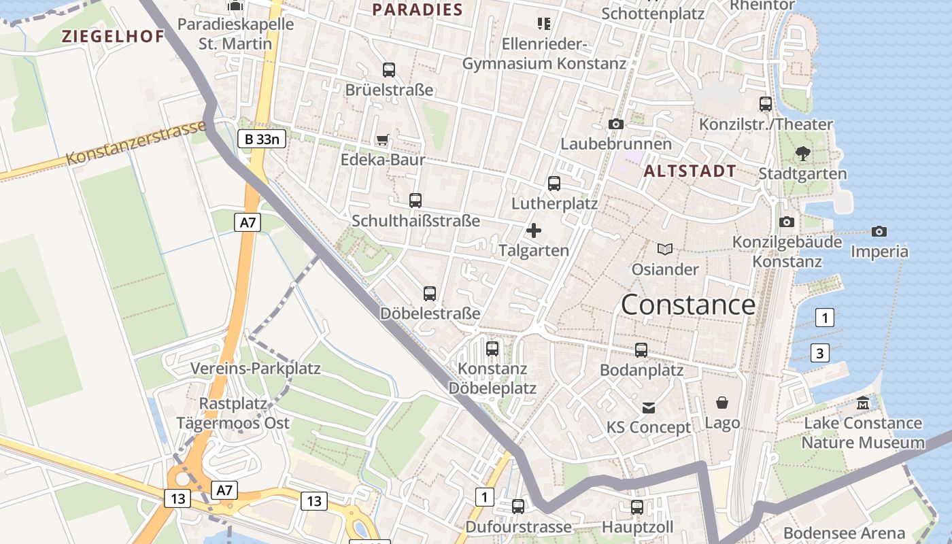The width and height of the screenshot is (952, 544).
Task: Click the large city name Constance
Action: pyautogui.click(x=687, y=305)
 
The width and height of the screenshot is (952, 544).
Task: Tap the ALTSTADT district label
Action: pyautogui.click(x=690, y=171)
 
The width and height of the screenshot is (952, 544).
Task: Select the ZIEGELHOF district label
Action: pyautogui.click(x=114, y=37)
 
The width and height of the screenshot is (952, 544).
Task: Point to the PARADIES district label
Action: pyautogui.click(x=418, y=10)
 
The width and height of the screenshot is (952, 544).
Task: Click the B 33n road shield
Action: pyautogui.click(x=262, y=139)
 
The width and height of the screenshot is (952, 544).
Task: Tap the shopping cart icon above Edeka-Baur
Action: pyautogui.click(x=382, y=139)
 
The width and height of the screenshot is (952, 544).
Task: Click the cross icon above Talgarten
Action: pyautogui.click(x=534, y=231)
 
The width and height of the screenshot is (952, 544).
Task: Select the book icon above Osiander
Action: pyautogui.click(x=665, y=250)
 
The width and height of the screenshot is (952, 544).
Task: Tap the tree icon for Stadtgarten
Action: pyautogui.click(x=802, y=153)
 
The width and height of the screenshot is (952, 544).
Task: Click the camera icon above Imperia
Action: pyautogui.click(x=879, y=232)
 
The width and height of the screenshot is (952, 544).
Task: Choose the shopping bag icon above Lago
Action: pyautogui.click(x=722, y=403)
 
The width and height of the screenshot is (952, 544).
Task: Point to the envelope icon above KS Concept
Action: pyautogui.click(x=649, y=407)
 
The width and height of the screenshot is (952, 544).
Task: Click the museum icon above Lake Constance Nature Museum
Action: pyautogui.click(x=863, y=403)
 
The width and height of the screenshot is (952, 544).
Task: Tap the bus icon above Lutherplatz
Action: pyautogui.click(x=554, y=183)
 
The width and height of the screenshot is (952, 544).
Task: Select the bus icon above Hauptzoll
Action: pyautogui.click(x=637, y=507)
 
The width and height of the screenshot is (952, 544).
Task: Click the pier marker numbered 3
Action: pyautogui.click(x=820, y=353)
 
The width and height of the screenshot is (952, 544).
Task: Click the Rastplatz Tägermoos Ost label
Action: pyautogui.click(x=233, y=413)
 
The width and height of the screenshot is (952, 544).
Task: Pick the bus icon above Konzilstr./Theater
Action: pyautogui.click(x=766, y=104)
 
